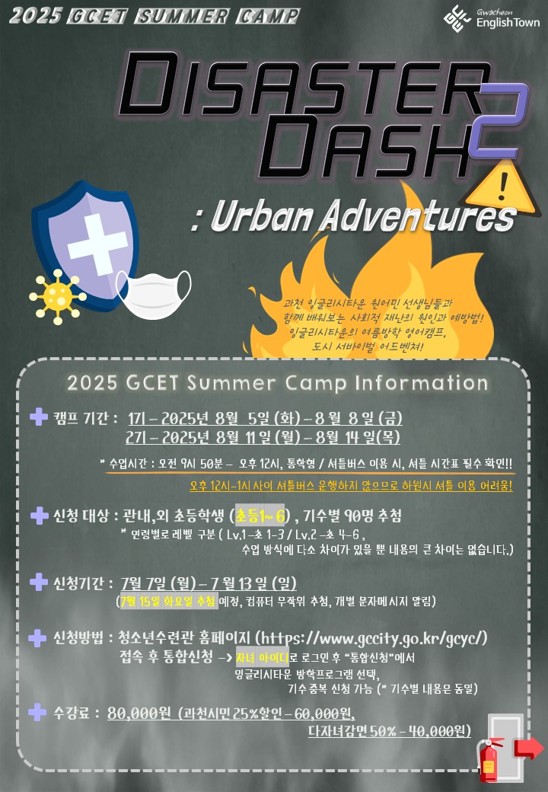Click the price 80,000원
(139, 713)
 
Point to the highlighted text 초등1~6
(260, 516)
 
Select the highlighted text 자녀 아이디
(262, 658)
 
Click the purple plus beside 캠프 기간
(39, 417)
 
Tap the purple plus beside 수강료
(37, 712)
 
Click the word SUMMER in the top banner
(183, 17)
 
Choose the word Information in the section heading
(422, 383)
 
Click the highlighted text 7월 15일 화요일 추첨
(167, 601)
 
